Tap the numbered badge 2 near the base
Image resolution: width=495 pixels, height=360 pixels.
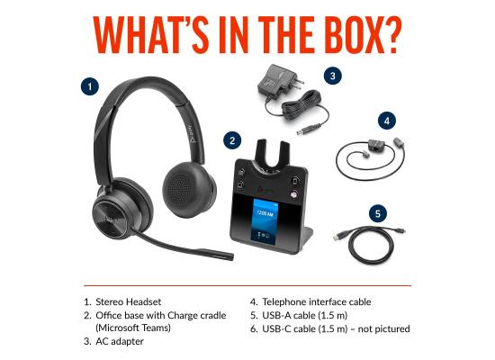(233, 139)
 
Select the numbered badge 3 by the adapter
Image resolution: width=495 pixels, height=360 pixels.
(332, 76)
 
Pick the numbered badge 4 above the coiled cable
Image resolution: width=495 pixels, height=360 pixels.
(386, 119)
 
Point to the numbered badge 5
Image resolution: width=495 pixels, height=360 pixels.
(379, 214)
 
